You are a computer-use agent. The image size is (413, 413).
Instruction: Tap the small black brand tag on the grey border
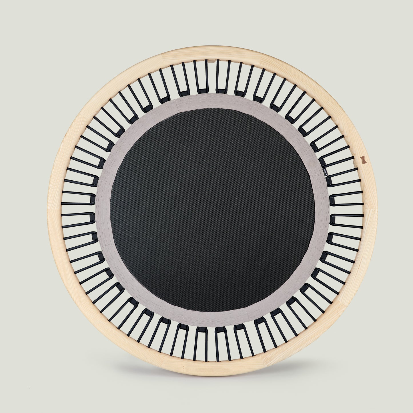[x=322, y=171]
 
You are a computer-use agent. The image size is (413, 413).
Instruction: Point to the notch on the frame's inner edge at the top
[x=212, y=61]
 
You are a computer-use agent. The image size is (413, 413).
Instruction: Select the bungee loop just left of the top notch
[x=200, y=76]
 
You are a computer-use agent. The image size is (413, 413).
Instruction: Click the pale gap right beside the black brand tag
[x=340, y=171]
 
